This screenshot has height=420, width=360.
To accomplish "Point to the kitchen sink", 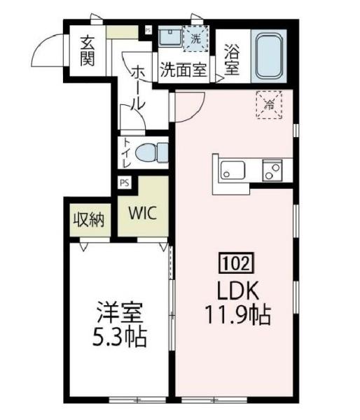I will (x=232, y=170).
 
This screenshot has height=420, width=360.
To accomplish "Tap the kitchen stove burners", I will (x=272, y=169).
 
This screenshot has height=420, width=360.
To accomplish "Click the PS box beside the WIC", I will (x=124, y=183).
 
